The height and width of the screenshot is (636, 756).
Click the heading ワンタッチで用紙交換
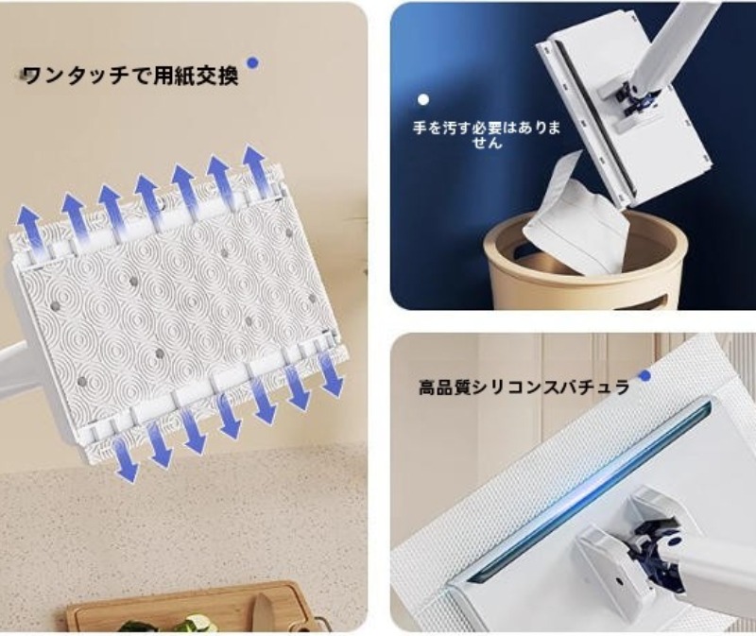[131, 76]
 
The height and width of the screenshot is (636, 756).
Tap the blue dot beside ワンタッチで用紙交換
[252, 62]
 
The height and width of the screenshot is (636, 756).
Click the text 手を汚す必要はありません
[487, 135]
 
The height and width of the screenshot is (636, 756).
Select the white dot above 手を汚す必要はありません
[423, 100]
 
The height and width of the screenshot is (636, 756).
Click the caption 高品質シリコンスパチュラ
[524, 387]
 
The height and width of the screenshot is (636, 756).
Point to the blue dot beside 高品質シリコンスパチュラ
[644, 375]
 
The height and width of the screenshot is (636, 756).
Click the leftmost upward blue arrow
[30, 231]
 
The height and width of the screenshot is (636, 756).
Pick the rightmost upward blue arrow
[256, 172]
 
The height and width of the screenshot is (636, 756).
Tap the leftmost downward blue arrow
[126, 457]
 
